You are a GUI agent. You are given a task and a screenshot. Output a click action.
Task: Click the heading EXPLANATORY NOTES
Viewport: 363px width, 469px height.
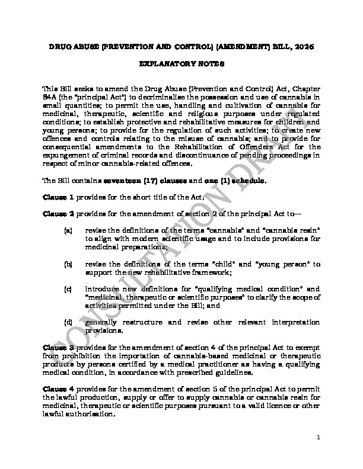pyautogui.click(x=181, y=62)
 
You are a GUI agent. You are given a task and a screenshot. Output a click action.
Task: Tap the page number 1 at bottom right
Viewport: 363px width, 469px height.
pyautogui.click(x=319, y=438)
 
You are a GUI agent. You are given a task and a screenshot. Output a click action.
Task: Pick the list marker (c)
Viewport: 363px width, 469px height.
pyautogui.click(x=68, y=288)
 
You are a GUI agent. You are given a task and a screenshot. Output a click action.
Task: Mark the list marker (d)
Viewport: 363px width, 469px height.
pyautogui.click(x=68, y=322)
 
